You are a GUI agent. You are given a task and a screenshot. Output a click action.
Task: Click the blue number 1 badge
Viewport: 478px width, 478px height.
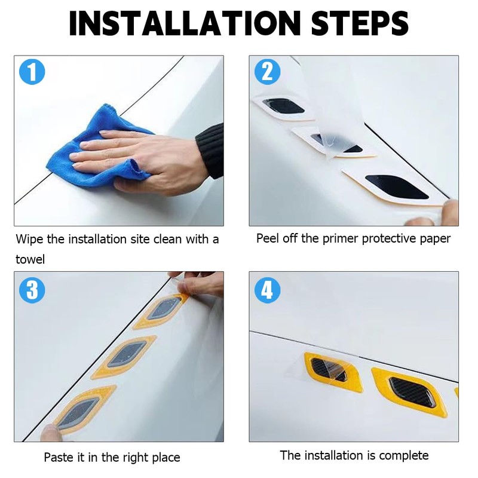pos(32,72)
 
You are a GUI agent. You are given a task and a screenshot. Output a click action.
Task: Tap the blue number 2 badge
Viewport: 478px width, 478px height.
pos(267,72)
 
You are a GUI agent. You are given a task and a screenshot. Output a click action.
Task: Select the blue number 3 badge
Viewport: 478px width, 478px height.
pos(32,290)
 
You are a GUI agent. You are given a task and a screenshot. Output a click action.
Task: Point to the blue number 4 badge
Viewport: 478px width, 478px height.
pos(267,290)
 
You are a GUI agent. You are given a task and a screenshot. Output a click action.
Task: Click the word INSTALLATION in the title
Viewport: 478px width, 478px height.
pos(185,23)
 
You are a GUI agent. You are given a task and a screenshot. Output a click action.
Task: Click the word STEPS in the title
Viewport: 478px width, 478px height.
pos(360,23)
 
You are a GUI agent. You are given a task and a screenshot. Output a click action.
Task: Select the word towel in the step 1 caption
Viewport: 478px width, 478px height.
pos(30,259)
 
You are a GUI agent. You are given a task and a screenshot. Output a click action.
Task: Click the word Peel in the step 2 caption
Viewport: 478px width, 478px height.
pos(267,238)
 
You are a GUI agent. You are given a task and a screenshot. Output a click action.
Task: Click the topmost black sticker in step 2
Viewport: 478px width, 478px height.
pos(283,106)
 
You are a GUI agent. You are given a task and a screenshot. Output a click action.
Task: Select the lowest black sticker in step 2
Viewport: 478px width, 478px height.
pos(396,186)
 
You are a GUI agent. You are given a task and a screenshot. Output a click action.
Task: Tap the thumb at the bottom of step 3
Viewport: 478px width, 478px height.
pos(50,432)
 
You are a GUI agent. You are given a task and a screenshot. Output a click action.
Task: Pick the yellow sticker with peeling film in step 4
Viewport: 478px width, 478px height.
pos(332,371)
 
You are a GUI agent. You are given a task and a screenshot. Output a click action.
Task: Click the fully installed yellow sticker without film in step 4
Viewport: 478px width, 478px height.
pos(409,392)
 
